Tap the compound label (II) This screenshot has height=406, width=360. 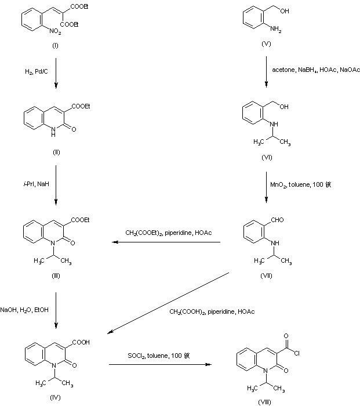56,152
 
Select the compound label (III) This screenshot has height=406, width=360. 56,275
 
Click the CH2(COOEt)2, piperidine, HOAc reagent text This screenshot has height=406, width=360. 168,233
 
